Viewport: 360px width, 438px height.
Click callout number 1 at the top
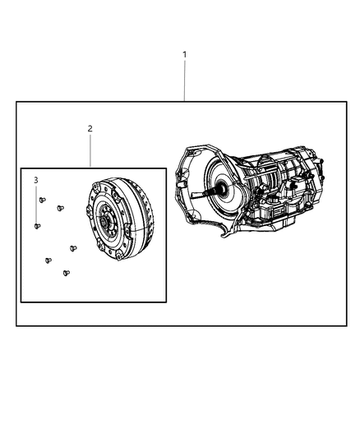pos(184,54)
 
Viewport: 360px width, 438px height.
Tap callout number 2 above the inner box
pos(90,128)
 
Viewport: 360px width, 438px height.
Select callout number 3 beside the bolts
pos(35,179)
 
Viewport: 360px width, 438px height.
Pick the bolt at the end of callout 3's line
pos(37,225)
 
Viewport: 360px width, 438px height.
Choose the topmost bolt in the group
pos(43,200)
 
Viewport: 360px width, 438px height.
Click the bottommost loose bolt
pos(67,272)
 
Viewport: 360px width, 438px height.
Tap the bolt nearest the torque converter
pos(72,247)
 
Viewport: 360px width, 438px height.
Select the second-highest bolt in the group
pos(60,208)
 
